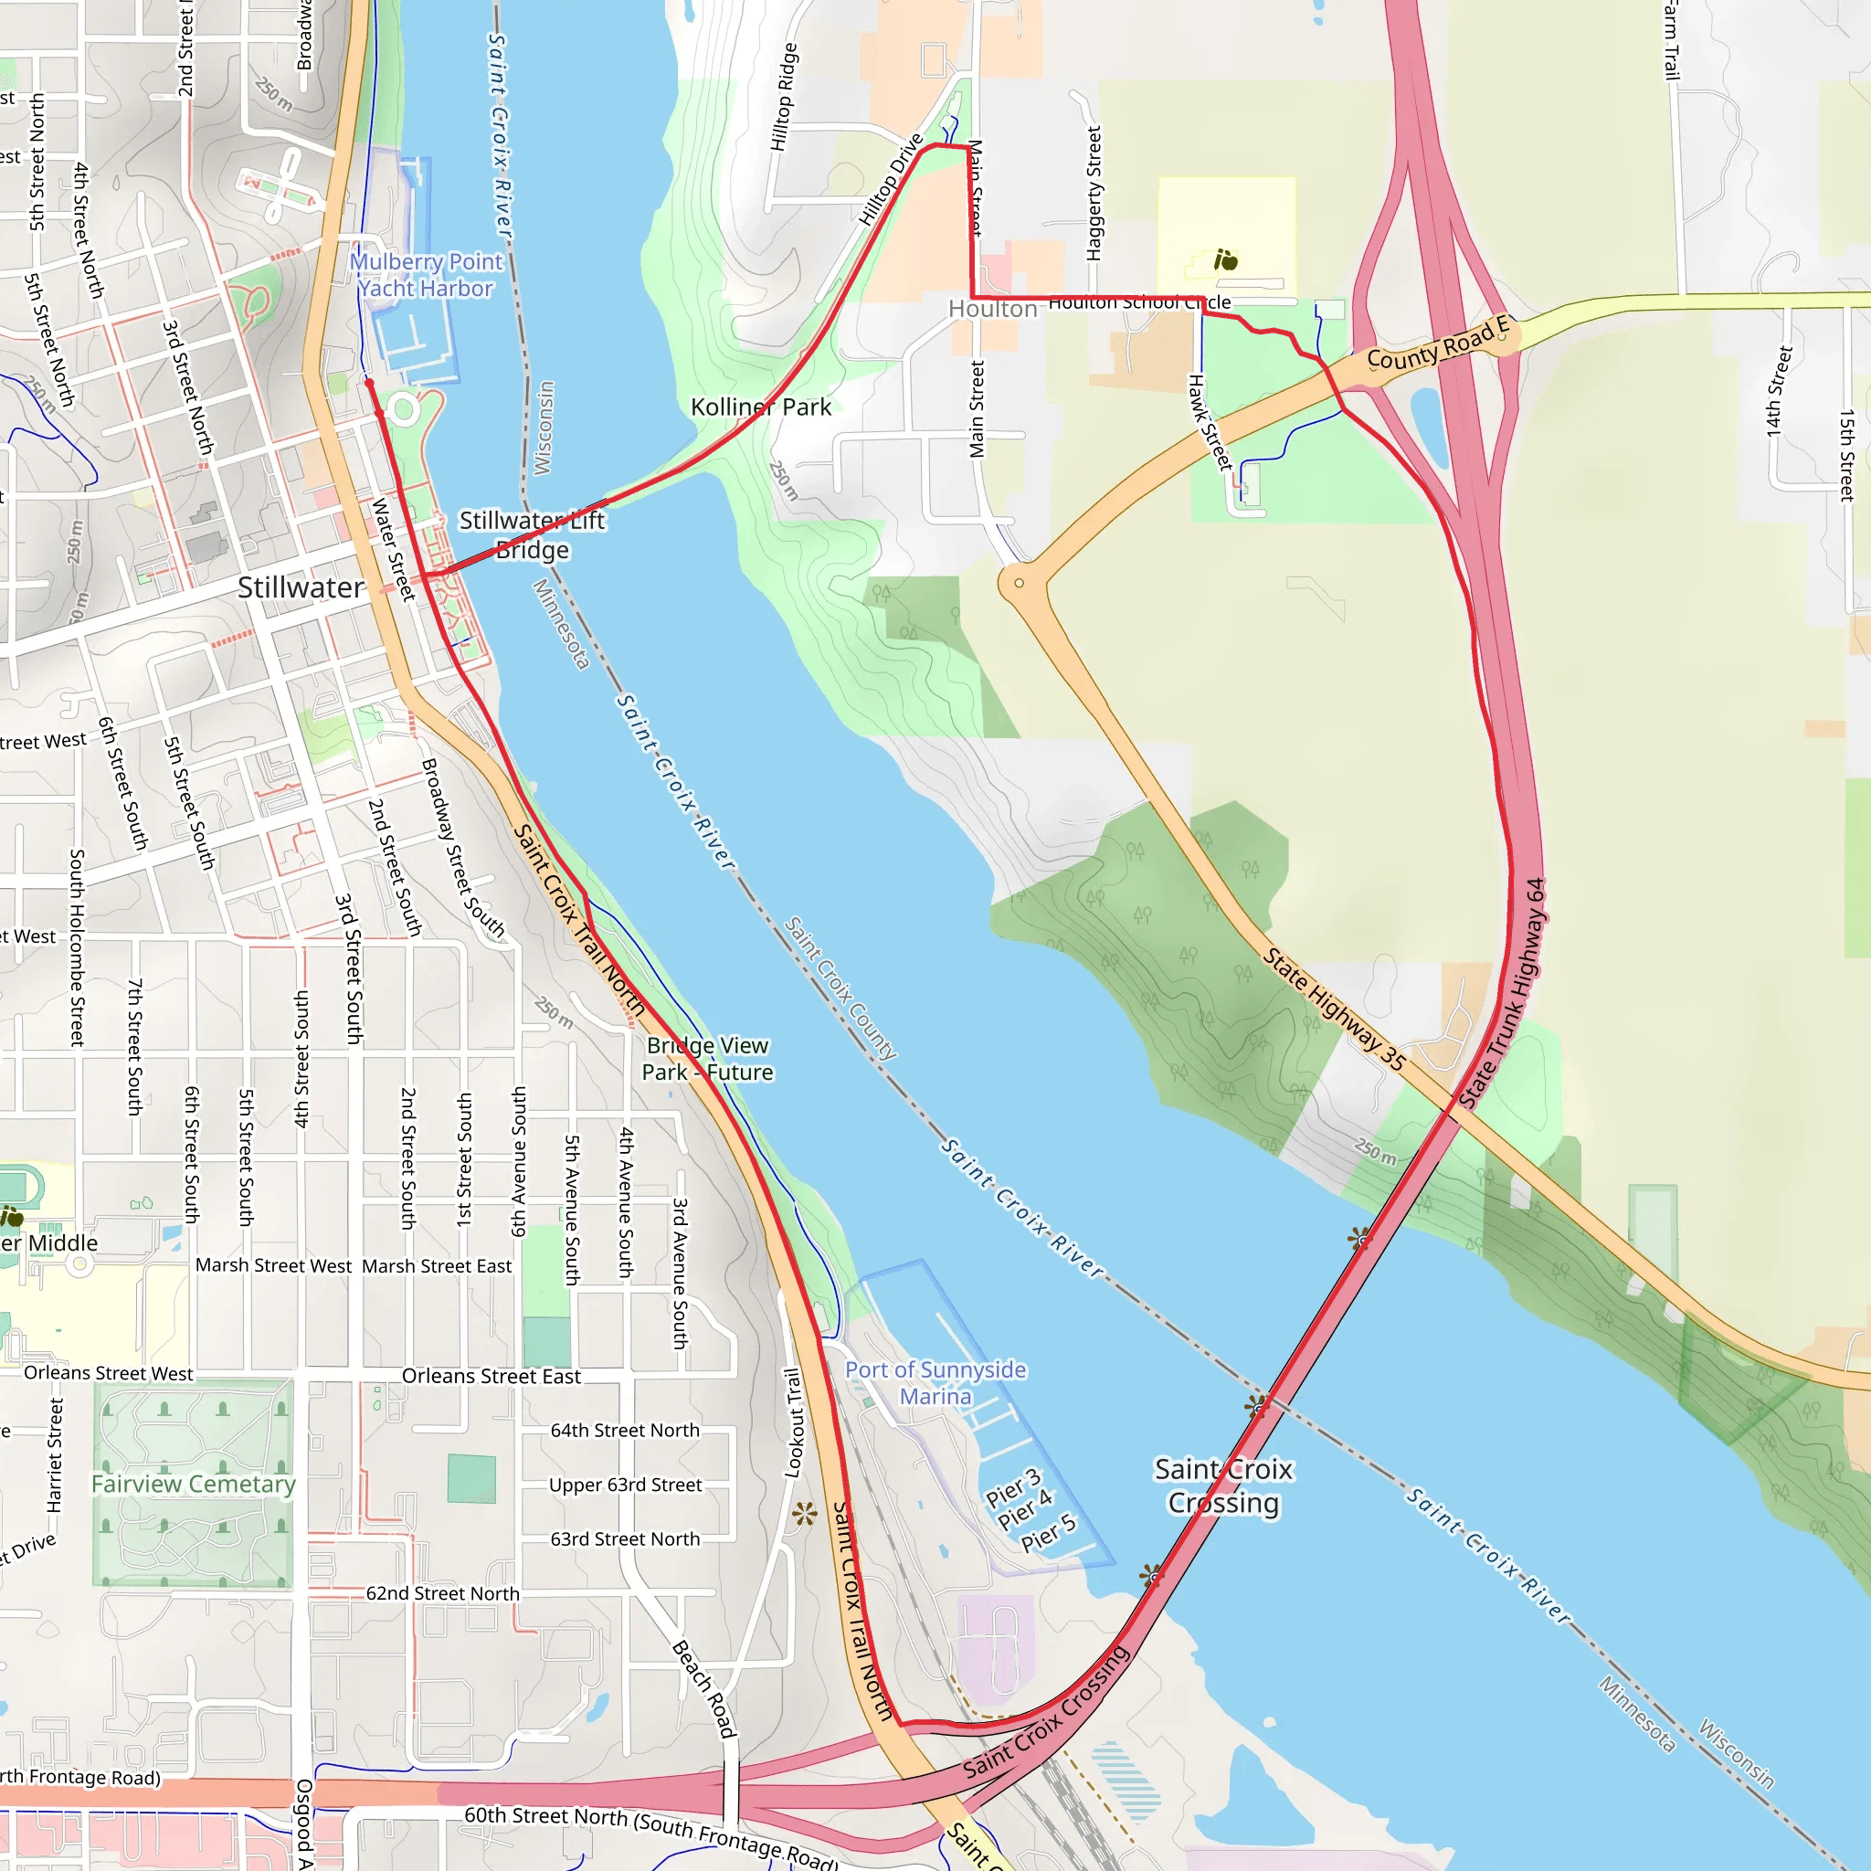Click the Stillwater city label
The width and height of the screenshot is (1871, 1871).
pyautogui.click(x=301, y=587)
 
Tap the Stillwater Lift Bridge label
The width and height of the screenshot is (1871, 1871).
pyautogui.click(x=532, y=534)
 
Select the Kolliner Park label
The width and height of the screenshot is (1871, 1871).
pyautogui.click(x=760, y=407)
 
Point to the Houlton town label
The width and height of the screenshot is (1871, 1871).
pyautogui.click(x=991, y=309)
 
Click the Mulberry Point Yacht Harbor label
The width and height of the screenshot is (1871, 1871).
pyautogui.click(x=426, y=275)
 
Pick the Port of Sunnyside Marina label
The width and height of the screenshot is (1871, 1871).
pyautogui.click(x=935, y=1383)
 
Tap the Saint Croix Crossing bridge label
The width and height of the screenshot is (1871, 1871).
pyautogui.click(x=1223, y=1485)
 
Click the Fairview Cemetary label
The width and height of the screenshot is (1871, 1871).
pyautogui.click(x=194, y=1484)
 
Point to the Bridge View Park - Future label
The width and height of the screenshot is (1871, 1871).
pyautogui.click(x=708, y=1059)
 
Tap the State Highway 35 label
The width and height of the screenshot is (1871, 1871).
pyautogui.click(x=1335, y=1010)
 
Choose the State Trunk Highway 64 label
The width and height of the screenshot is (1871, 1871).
pyautogui.click(x=1503, y=994)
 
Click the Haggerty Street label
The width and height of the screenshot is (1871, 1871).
pyautogui.click(x=1094, y=194)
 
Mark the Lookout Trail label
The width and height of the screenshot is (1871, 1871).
pyautogui.click(x=793, y=1422)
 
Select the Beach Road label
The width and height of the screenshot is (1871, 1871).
pyautogui.click(x=705, y=1688)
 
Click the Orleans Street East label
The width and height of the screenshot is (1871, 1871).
pyautogui.click(x=491, y=1376)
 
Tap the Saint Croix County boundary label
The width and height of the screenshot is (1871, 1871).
pyautogui.click(x=840, y=988)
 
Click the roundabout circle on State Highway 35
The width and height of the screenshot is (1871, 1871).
pyautogui.click(x=1019, y=583)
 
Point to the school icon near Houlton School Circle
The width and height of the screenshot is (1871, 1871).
pyautogui.click(x=1226, y=259)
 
